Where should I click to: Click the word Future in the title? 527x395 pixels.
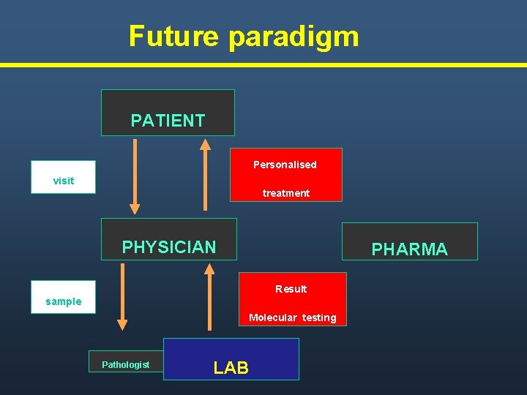pos(173,36)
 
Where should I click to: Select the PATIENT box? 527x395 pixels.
pos(168,113)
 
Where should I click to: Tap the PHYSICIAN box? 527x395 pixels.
pos(169,238)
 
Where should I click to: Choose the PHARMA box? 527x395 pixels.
pos(410,241)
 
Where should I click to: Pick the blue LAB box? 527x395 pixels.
pos(231,359)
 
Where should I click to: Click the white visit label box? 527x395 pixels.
pos(63,177)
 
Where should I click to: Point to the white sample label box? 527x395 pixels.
pos(63,297)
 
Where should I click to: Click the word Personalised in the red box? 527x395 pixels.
pos(285,165)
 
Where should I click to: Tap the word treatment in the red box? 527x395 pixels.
pos(286,193)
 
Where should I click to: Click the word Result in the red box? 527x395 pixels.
pos(291,289)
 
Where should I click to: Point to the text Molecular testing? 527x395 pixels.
pos(293,317)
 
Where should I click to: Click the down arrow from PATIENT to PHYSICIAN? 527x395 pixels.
pos(135,176)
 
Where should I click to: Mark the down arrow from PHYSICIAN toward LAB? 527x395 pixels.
pos(122,296)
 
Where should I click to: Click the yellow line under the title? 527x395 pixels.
pos(263,65)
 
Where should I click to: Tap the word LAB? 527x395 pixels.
pos(231,368)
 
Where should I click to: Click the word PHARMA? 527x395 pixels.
pos(410,249)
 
